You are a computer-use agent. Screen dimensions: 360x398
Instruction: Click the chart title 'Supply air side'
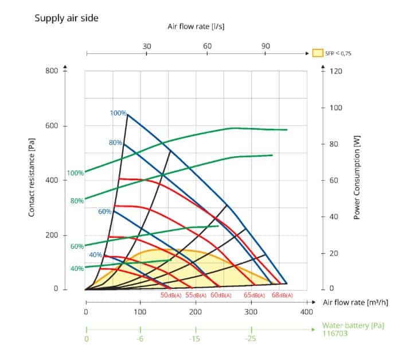tap(66, 18)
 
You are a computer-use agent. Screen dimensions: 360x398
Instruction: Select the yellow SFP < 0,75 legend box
tap(317, 53)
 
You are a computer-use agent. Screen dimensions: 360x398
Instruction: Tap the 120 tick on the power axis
tap(335, 71)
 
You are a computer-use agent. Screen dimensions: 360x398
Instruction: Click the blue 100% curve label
tap(118, 113)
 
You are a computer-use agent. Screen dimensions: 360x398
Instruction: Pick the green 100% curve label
tap(76, 173)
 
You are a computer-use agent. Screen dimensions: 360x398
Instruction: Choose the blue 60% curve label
tap(105, 211)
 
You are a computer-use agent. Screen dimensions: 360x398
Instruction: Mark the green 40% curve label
tap(77, 268)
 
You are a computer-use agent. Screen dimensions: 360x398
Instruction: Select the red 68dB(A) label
tap(280, 295)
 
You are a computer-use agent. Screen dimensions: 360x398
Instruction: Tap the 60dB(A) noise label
tap(221, 295)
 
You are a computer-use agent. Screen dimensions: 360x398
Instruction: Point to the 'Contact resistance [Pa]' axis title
tap(33, 180)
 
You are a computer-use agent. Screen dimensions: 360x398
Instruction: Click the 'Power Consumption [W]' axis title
tap(357, 180)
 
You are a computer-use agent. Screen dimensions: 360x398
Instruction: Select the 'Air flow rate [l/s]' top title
tap(196, 26)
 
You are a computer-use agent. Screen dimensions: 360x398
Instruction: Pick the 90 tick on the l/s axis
tap(266, 46)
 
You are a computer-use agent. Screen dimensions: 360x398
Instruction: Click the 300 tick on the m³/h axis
tap(251, 312)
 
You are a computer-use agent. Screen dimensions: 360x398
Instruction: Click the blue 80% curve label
tap(115, 142)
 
